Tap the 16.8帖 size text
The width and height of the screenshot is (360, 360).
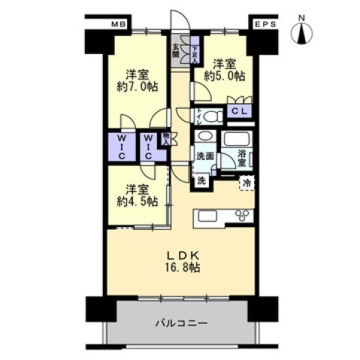click(183, 267)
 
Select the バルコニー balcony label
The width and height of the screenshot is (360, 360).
click(181, 324)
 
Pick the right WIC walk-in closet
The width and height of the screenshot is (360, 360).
click(148, 145)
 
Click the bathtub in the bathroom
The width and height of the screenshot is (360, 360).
click(239, 141)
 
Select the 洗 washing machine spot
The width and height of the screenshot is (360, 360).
click(201, 180)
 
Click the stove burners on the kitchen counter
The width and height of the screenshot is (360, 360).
click(244, 216)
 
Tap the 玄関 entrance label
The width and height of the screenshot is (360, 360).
click(176, 50)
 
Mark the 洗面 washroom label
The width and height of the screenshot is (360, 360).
click(205, 156)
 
